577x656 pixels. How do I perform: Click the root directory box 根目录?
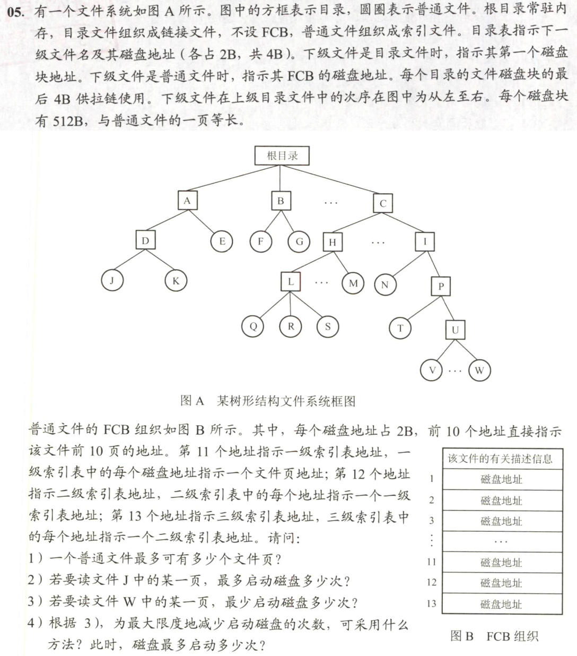[282, 156]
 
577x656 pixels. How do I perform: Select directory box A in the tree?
[187, 201]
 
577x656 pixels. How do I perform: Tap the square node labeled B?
[281, 201]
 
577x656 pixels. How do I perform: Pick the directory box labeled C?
[383, 203]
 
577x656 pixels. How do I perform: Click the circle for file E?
[222, 241]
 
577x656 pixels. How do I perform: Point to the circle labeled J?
[112, 280]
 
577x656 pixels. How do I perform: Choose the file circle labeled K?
[176, 281]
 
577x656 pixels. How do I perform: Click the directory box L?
[291, 282]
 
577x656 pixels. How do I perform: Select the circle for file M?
[353, 283]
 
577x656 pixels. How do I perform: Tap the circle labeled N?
[385, 284]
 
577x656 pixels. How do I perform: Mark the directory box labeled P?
[441, 287]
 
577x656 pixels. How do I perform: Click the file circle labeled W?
[479, 370]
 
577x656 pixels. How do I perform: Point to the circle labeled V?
[432, 370]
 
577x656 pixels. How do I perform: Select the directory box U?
[455, 330]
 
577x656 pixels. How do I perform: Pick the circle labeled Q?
[253, 326]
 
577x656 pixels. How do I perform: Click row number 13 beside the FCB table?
[431, 603]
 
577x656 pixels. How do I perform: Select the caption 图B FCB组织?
[494, 636]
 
